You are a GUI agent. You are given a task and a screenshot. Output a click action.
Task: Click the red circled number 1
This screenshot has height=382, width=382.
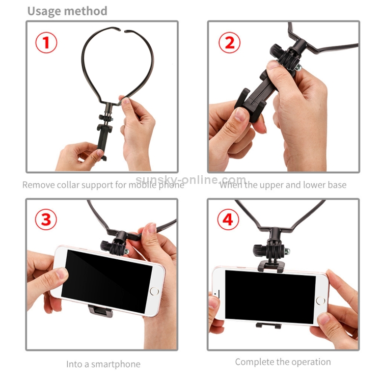click(46, 42)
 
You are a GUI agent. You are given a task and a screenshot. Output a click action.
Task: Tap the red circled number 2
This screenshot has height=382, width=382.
click(230, 42)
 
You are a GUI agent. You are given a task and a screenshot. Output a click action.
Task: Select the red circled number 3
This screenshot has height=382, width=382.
click(46, 219)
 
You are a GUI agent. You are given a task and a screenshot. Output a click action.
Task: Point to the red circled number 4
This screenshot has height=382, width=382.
click(228, 219)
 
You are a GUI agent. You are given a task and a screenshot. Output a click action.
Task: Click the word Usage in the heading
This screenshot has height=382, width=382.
click(44, 11)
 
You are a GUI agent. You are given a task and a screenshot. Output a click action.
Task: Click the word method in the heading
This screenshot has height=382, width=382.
click(86, 11)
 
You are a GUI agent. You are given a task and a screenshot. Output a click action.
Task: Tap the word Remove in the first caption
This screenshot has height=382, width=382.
click(39, 185)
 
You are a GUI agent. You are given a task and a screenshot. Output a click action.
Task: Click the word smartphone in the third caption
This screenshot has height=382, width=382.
click(116, 364)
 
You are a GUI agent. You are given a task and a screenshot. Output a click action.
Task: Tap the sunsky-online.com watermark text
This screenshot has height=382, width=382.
click(191, 180)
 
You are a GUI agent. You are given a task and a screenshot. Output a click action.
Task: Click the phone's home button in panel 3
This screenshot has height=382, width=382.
click(154, 291)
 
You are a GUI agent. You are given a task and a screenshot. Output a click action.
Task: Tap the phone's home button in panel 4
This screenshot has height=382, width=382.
click(320, 301)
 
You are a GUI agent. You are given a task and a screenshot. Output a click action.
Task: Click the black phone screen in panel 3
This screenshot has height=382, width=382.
click(107, 281)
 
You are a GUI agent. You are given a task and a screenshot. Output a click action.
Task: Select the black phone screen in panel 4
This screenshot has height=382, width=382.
click(270, 297)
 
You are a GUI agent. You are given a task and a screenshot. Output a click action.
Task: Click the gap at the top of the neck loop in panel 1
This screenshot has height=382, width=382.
click(123, 31)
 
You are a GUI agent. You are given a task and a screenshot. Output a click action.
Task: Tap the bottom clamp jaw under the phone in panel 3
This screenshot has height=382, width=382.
click(101, 311)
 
